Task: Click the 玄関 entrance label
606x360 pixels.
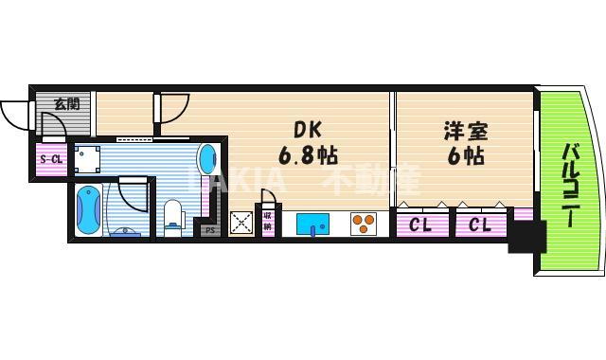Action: tap(65, 103)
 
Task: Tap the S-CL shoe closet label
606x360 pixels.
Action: tap(51, 158)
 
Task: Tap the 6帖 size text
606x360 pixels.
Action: tap(461, 155)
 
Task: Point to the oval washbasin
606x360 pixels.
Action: tap(207, 159)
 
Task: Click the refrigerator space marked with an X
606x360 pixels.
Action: tap(241, 224)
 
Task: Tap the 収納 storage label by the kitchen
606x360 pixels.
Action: tap(268, 224)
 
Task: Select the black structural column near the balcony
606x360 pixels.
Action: tap(526, 237)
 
